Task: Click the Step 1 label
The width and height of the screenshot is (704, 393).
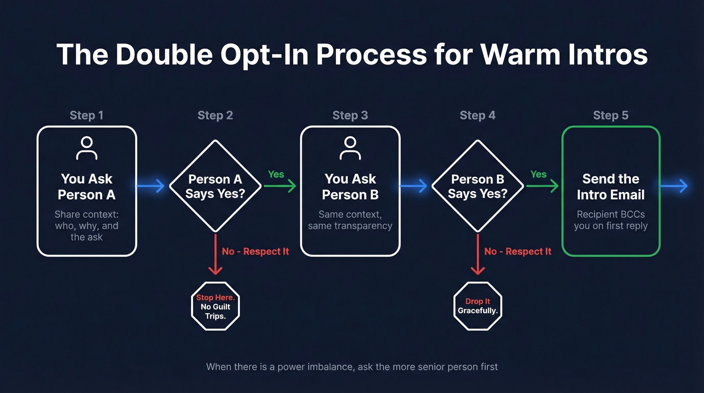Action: click(x=86, y=115)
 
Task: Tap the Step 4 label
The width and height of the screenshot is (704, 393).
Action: click(x=477, y=115)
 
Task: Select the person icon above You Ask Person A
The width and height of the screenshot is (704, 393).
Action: click(x=86, y=148)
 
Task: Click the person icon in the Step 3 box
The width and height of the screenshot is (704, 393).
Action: click(x=350, y=148)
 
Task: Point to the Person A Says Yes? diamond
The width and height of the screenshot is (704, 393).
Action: click(x=215, y=186)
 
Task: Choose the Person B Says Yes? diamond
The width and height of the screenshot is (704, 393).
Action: click(x=478, y=186)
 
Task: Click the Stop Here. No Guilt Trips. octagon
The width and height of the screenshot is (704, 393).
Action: click(x=215, y=306)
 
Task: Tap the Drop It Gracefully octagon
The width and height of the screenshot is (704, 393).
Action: click(x=478, y=306)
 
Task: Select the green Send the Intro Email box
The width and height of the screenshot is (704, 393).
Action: click(x=610, y=191)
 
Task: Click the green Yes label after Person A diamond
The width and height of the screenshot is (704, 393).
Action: click(x=276, y=174)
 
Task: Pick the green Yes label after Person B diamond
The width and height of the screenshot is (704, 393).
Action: click(x=539, y=174)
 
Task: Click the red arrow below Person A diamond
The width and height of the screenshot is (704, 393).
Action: click(x=215, y=254)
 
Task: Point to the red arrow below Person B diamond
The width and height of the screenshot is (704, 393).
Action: click(x=478, y=254)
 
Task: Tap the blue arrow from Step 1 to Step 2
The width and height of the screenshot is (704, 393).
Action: click(x=151, y=186)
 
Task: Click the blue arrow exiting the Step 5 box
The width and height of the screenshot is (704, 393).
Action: click(x=674, y=186)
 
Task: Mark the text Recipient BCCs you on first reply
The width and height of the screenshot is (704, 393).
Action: click(x=610, y=220)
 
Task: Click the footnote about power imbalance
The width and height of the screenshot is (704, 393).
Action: click(x=352, y=366)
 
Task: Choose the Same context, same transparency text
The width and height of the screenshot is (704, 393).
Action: click(x=350, y=220)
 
